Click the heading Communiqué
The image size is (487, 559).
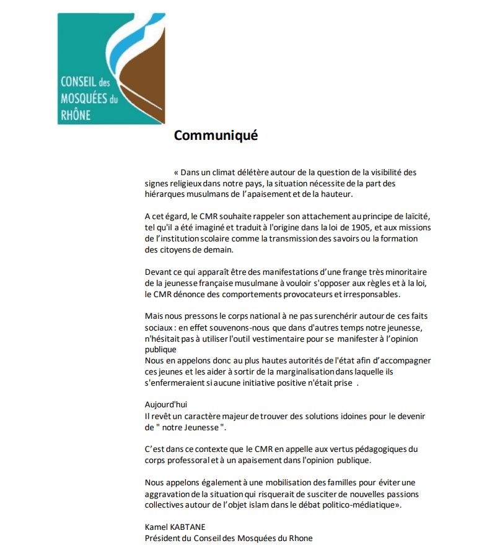[x=215, y=135]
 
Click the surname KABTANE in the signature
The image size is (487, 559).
[x=191, y=527]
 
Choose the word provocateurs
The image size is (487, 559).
[x=305, y=294]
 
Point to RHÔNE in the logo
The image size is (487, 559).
[x=76, y=114]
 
